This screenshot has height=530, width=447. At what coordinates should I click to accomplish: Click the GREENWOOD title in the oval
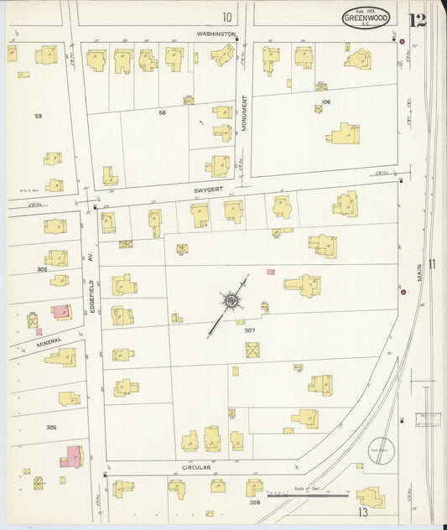tap(366, 19)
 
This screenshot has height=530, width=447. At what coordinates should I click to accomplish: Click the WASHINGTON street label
tap(217, 34)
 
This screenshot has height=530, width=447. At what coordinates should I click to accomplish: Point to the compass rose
tap(229, 300)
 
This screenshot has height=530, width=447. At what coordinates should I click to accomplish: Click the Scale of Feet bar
tap(307, 496)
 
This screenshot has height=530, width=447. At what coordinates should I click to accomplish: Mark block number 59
tap(37, 116)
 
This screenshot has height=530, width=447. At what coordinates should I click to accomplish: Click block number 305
tap(42, 270)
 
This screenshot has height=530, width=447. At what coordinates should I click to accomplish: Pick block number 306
tap(51, 428)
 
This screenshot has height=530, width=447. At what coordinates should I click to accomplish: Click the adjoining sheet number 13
tap(362, 512)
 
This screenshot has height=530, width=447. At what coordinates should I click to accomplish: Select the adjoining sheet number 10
tap(226, 17)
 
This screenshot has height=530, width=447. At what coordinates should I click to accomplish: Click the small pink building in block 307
tap(270, 272)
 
